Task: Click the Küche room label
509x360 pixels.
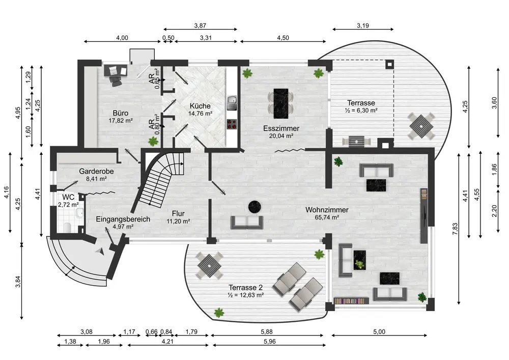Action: click(x=200, y=106)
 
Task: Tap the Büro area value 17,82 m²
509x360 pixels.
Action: click(x=121, y=121)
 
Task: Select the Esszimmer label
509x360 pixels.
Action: click(x=281, y=128)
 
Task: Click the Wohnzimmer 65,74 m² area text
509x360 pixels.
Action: click(x=327, y=217)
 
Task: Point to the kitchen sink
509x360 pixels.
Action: click(x=232, y=103)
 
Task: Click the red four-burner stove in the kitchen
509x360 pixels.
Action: click(x=232, y=124)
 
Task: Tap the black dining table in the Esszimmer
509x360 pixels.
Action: click(x=281, y=103)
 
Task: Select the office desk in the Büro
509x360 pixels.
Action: click(x=115, y=70)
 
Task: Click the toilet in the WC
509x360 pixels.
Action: click(x=68, y=227)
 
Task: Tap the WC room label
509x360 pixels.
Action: click(x=68, y=198)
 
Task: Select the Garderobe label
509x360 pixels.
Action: click(x=96, y=172)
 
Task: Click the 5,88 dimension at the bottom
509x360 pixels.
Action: click(x=267, y=332)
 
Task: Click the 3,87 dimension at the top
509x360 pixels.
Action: click(x=200, y=25)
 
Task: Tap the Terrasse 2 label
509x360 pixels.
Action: click(x=245, y=288)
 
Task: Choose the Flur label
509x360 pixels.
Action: click(x=178, y=213)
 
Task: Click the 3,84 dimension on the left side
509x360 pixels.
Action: click(x=18, y=282)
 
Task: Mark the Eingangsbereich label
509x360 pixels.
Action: click(x=123, y=219)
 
